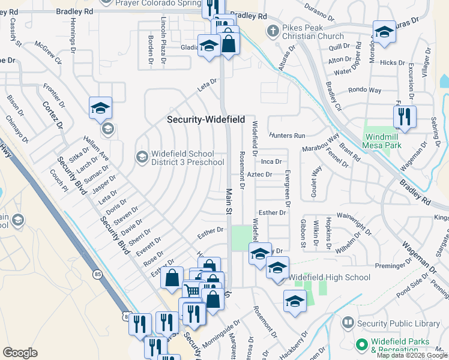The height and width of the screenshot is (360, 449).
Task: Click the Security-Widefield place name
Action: (x=206, y=120)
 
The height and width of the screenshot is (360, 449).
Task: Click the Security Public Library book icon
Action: (x=348, y=323)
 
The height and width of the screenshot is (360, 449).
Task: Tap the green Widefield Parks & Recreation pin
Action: (x=361, y=345)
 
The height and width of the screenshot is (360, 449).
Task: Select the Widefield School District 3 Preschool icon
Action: (x=142, y=158)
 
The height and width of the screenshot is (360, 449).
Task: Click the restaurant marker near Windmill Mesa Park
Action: (x=405, y=116)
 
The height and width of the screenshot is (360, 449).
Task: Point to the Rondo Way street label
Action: (x=365, y=91)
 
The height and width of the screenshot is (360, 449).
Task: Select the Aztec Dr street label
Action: (x=259, y=175)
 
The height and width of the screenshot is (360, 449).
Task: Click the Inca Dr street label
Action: (x=271, y=162)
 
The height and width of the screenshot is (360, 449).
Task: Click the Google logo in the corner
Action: (x=20, y=353)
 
